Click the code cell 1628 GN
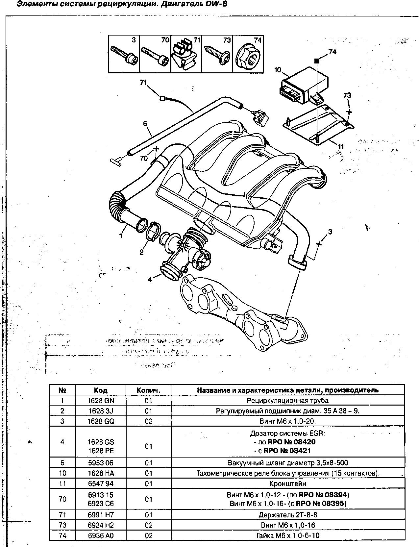101,400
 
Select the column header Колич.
148,390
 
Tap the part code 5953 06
101,463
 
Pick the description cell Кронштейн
287,484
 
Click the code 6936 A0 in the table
101,535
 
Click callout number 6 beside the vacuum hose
145,124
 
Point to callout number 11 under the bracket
341,146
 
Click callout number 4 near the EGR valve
150,280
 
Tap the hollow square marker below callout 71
161,98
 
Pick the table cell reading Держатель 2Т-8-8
287,515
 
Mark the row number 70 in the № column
62,499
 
